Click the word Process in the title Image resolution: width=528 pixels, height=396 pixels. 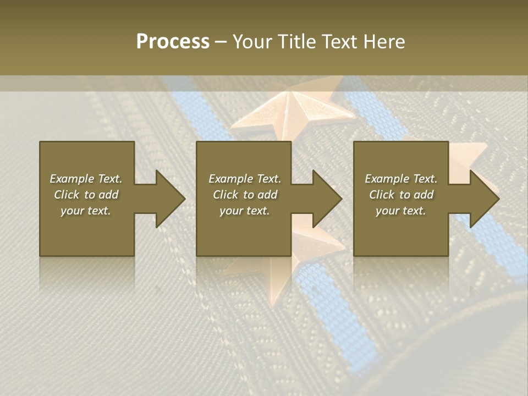pos(173,42)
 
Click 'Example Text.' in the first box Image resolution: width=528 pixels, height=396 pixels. pos(86,179)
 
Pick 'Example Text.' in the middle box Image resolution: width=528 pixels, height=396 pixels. pos(245,179)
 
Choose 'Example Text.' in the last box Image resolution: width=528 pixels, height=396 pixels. pos(401,179)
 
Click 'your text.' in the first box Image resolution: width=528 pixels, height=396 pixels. pos(86,211)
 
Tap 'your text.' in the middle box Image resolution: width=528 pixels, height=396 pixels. pos(245,211)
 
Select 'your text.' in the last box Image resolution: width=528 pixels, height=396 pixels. pos(401,211)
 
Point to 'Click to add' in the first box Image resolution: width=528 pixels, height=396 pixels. pos(86,195)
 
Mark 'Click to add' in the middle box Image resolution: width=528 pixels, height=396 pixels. pos(245,195)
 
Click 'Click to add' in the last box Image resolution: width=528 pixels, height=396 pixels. pos(401,195)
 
